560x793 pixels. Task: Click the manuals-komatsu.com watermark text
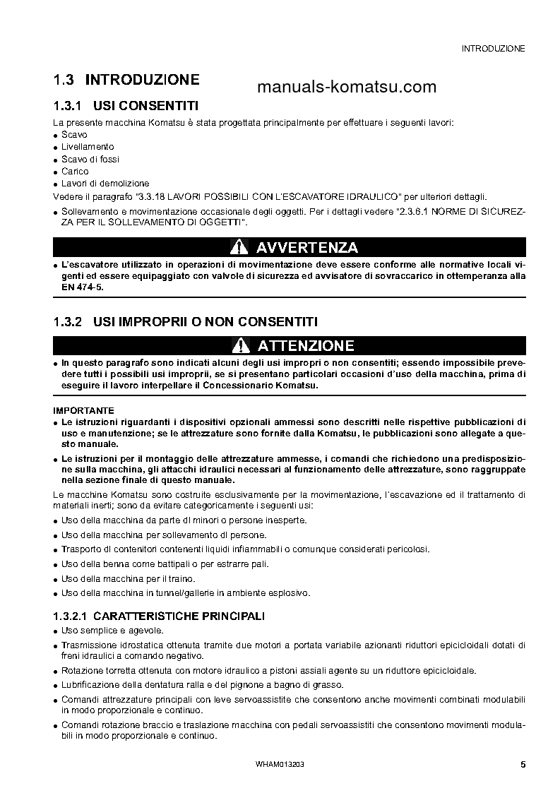click(x=347, y=87)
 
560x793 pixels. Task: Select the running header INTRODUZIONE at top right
click(x=493, y=49)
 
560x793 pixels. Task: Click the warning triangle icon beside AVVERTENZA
click(x=240, y=247)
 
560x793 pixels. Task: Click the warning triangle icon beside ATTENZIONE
click(x=240, y=345)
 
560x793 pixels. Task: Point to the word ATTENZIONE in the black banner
click(x=306, y=345)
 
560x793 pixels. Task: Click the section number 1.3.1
click(x=68, y=106)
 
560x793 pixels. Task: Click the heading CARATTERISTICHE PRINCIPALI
click(x=179, y=616)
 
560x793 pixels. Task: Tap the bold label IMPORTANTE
click(x=83, y=410)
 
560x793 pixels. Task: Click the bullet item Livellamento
click(x=88, y=146)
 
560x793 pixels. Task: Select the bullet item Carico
click(x=75, y=171)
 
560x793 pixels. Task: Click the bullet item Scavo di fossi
click(x=90, y=159)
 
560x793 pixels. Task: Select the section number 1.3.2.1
click(x=71, y=616)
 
